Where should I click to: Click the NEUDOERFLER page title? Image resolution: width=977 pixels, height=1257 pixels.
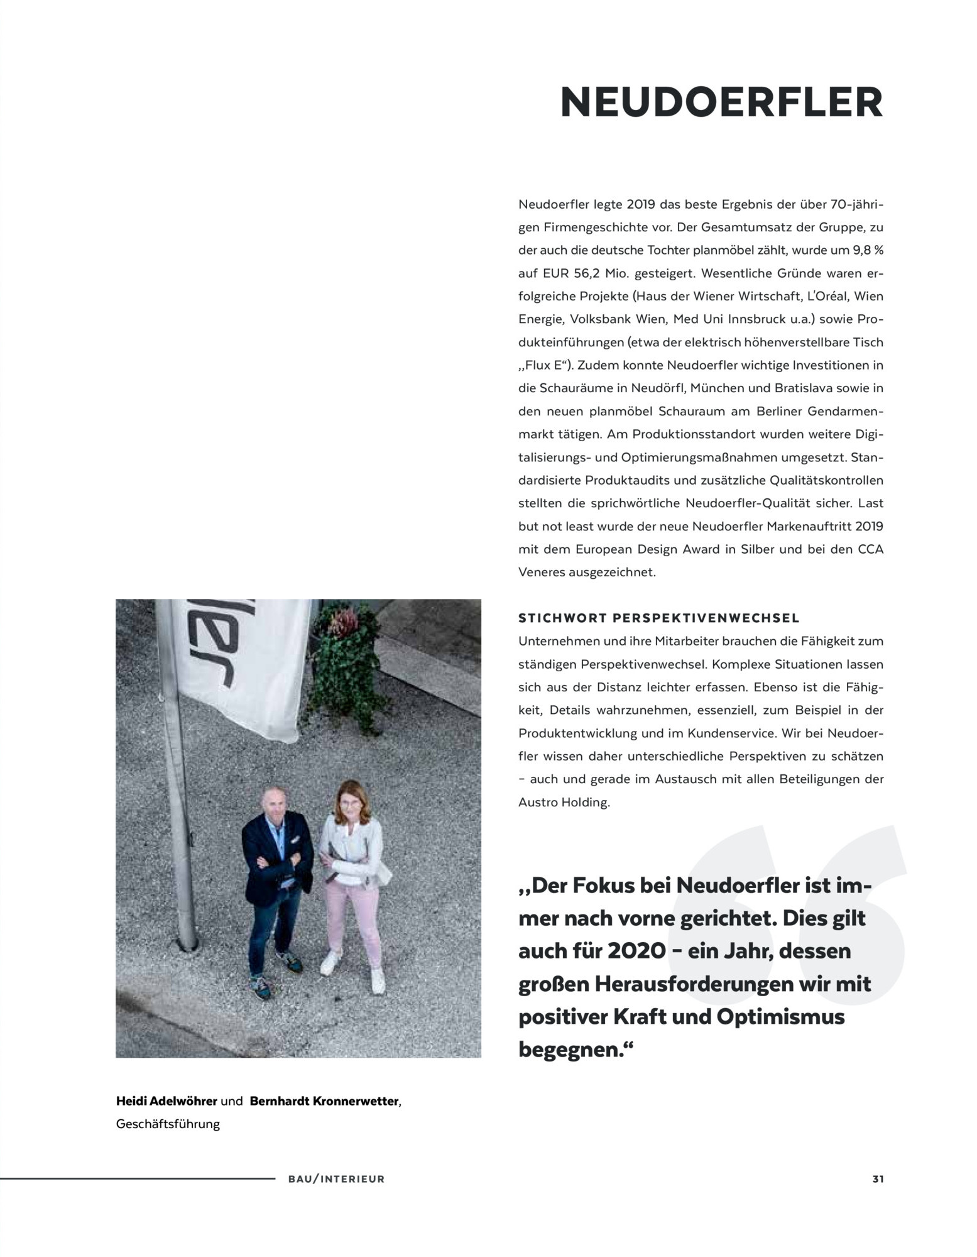pyautogui.click(x=721, y=102)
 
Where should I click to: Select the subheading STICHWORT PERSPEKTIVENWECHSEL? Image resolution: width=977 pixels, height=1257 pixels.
pyautogui.click(x=658, y=618)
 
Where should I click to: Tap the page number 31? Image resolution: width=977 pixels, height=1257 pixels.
pyautogui.click(x=878, y=1179)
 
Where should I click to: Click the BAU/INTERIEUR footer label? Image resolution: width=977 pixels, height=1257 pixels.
pyautogui.click(x=336, y=1179)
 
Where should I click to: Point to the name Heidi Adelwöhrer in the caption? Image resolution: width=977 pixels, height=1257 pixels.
pyautogui.click(x=166, y=1101)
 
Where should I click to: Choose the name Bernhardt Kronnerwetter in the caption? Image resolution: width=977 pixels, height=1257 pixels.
pyautogui.click(x=324, y=1101)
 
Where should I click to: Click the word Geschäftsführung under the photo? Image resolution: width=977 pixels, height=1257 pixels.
pyautogui.click(x=168, y=1124)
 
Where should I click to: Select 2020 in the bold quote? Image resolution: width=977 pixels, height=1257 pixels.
pyautogui.click(x=636, y=951)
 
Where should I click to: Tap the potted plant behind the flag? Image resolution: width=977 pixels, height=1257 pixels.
pyautogui.click(x=342, y=666)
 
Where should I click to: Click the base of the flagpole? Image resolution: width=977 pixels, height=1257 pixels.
pyautogui.click(x=187, y=941)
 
